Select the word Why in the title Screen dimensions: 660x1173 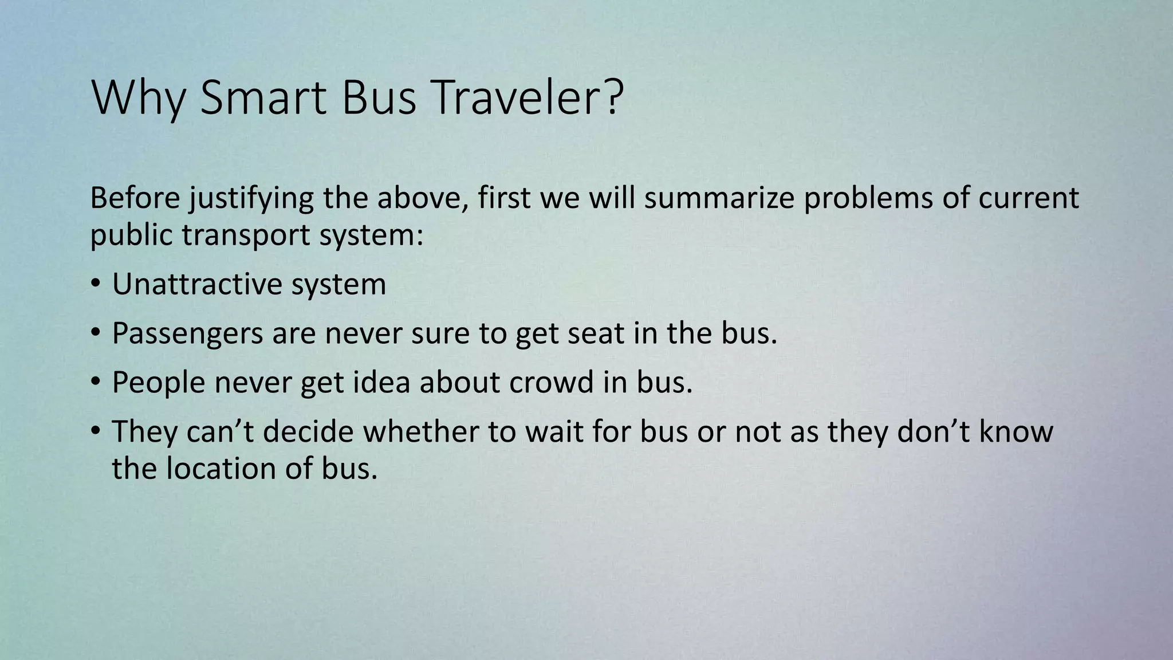pos(138,99)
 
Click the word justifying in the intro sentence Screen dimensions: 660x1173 pos(251,199)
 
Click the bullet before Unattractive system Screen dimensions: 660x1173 pos(96,285)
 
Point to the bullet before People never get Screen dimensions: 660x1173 pos(96,383)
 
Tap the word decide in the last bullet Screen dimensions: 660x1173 pos(309,431)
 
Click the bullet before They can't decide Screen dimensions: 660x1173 pos(96,432)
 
